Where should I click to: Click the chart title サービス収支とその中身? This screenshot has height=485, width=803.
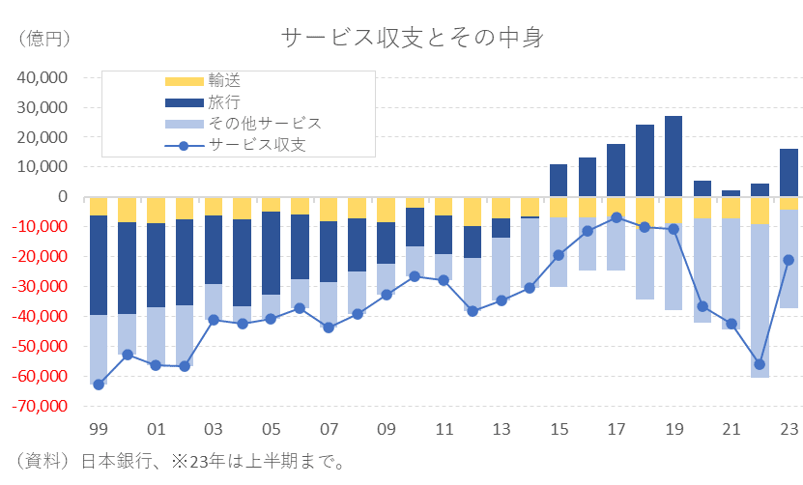[x=413, y=38]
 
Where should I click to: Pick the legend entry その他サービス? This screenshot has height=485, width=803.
[x=264, y=124]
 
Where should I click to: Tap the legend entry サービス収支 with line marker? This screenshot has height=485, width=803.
[x=258, y=145]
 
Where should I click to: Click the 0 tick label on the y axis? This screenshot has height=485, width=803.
[x=62, y=197]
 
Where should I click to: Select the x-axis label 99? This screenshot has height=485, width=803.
[x=98, y=429]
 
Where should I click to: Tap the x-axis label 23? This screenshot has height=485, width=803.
[x=789, y=429]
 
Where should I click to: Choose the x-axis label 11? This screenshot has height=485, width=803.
[x=444, y=429]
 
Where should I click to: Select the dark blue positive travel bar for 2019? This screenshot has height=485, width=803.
[x=674, y=157]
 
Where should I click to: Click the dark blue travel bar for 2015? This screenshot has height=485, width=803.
[x=559, y=181]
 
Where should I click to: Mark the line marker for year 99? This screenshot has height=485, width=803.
[x=99, y=385]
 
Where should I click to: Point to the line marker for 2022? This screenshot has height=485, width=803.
[x=760, y=364]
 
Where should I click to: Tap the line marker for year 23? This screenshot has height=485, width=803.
[x=789, y=260]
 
